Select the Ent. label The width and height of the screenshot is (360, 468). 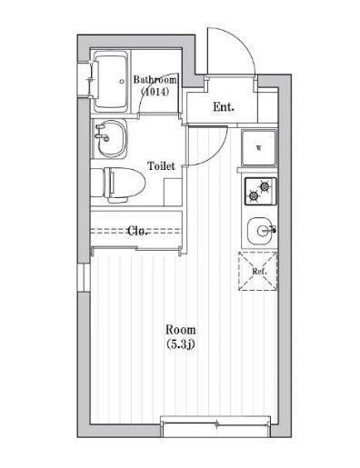tap(223, 107)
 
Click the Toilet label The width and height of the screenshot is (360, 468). tap(161, 167)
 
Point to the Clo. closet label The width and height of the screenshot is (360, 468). tap(139, 230)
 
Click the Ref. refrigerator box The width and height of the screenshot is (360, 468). tap(258, 270)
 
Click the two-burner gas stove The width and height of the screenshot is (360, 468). tap(259, 191)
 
